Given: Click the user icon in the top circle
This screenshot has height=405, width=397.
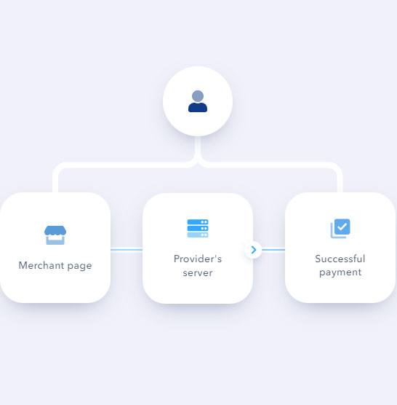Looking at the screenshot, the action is click(198, 101).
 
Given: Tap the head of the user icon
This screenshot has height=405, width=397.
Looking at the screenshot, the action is click(198, 96).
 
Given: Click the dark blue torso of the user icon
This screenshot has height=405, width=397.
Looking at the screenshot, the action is click(198, 108).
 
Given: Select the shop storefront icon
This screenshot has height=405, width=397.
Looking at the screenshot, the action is click(55, 235).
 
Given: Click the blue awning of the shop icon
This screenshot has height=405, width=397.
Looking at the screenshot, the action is click(55, 230).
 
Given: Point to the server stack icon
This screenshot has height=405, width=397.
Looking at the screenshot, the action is click(198, 228).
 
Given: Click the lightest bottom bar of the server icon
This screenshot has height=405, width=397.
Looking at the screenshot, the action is click(198, 235).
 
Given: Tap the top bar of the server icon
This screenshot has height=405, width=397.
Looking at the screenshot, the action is click(198, 222).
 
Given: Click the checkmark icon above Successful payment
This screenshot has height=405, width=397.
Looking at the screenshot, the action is click(340, 228).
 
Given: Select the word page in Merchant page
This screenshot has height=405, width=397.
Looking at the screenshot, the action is click(79, 266).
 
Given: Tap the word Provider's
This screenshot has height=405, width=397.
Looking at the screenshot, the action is click(198, 259).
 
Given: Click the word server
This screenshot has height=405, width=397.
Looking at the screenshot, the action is click(198, 273).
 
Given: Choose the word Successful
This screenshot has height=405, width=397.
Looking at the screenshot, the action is click(340, 259).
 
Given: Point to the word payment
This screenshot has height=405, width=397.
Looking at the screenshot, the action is click(340, 272).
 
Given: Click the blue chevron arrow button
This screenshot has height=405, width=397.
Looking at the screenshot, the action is click(254, 250).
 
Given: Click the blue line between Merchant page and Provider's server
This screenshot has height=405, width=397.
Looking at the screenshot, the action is click(127, 250).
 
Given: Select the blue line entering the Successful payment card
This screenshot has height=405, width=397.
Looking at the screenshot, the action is click(273, 250).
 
